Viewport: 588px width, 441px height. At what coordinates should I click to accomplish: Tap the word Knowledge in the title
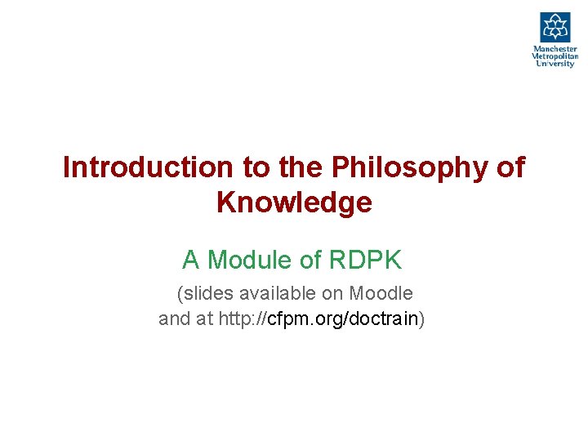[294, 202]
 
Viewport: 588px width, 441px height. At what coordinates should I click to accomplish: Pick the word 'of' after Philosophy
[510, 167]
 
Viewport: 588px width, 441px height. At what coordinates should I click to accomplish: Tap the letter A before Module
[191, 261]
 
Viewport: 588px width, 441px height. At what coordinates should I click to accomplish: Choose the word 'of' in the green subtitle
[311, 261]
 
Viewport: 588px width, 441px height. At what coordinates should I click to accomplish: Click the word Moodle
[381, 293]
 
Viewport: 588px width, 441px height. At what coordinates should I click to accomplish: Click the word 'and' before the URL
[174, 318]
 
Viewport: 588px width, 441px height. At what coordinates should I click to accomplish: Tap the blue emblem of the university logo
[555, 27]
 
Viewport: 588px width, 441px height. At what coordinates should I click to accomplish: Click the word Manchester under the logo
[555, 49]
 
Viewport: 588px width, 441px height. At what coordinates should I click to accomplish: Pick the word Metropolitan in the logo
[555, 56]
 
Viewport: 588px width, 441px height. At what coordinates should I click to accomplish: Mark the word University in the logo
[555, 64]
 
